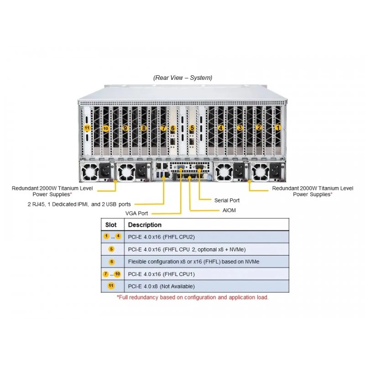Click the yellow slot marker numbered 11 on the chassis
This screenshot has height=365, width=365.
(87, 128)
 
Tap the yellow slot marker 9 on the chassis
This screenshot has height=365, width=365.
(125, 128)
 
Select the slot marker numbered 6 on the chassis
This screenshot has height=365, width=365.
(173, 128)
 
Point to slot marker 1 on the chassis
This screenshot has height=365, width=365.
(278, 128)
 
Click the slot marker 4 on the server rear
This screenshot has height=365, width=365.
(220, 128)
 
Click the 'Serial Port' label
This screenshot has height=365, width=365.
(227, 200)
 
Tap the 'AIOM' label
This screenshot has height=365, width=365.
(229, 210)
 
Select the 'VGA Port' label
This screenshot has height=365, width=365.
(136, 213)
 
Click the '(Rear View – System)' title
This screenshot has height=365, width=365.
(183, 78)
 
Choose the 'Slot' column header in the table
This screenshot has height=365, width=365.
(111, 224)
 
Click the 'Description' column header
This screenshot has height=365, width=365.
(145, 224)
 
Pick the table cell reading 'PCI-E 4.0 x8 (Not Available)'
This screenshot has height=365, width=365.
(162, 287)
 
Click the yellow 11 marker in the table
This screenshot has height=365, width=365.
(111, 286)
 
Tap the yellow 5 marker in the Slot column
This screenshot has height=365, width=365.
(111, 249)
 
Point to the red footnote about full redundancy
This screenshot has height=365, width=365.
(193, 297)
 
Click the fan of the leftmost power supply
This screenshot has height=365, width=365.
(90, 172)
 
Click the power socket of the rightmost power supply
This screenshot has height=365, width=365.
(276, 171)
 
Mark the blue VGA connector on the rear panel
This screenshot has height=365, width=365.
(181, 167)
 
